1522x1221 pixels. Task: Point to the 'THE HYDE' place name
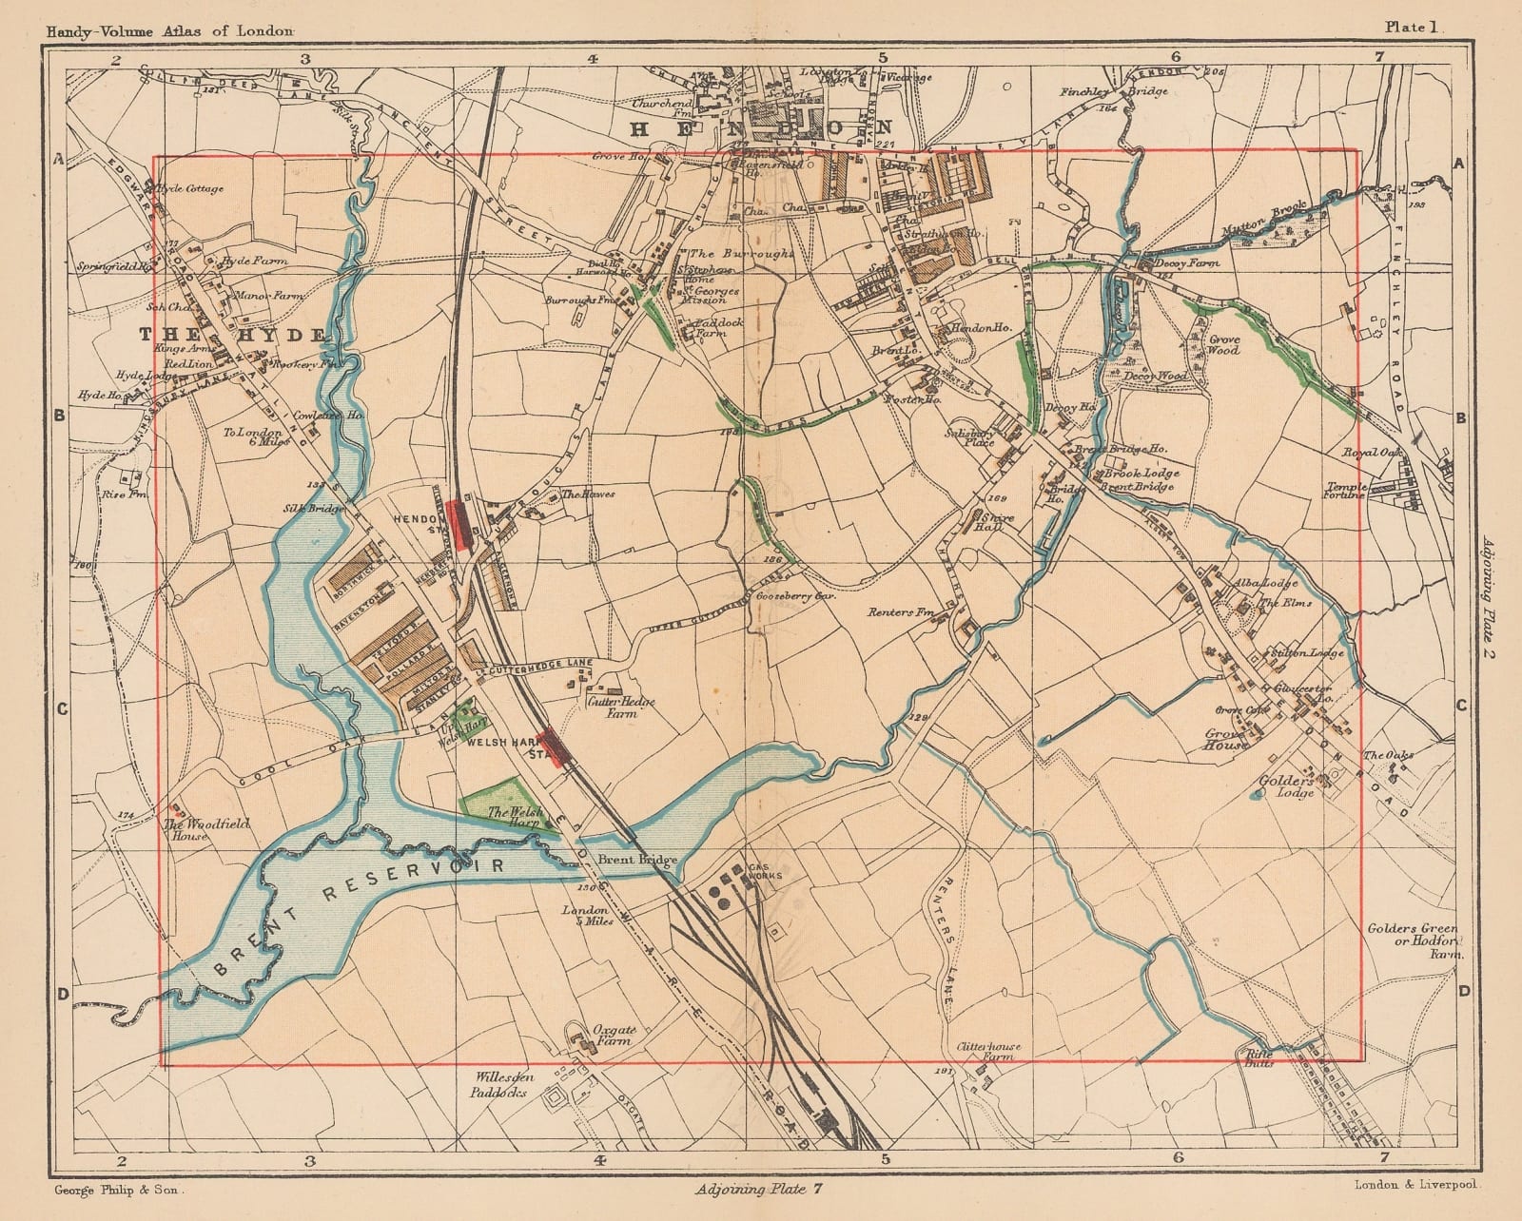(x=234, y=334)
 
